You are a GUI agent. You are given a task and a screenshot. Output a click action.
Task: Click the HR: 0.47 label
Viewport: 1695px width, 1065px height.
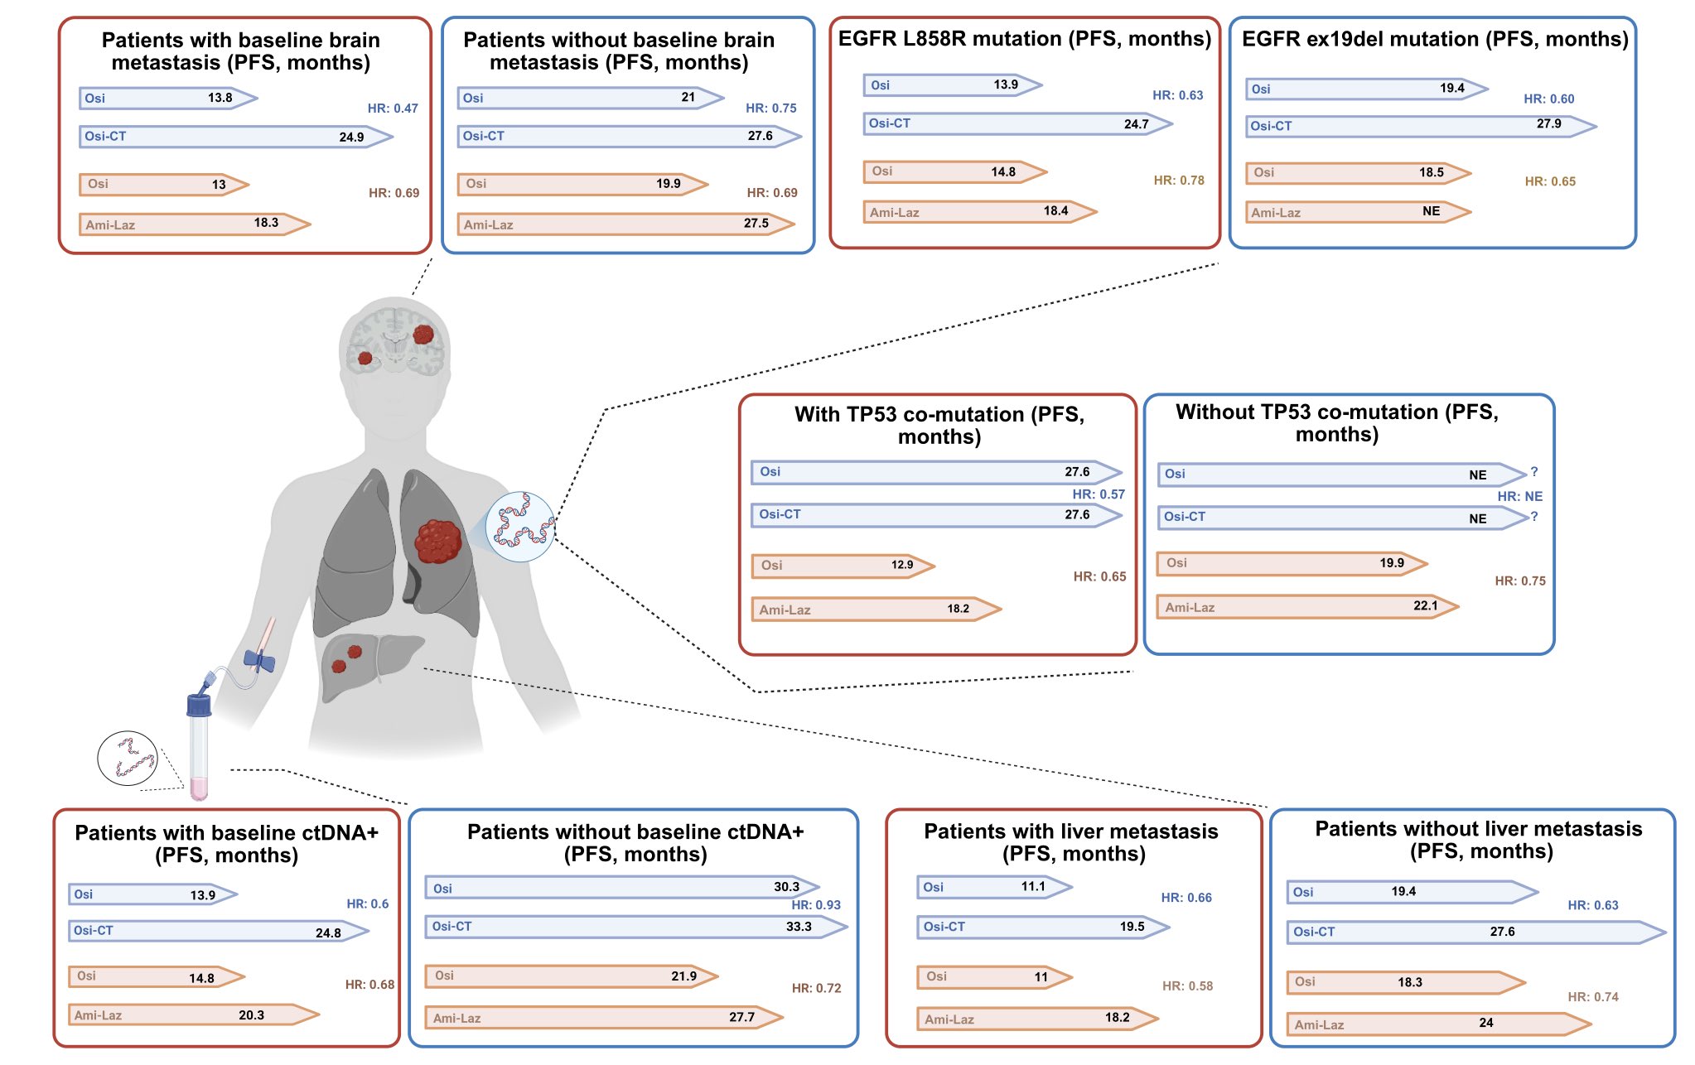(393, 108)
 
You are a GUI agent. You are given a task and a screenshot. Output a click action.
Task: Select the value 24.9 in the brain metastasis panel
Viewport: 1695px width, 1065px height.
(351, 137)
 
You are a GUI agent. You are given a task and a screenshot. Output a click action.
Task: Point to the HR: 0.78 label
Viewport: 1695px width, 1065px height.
(1179, 181)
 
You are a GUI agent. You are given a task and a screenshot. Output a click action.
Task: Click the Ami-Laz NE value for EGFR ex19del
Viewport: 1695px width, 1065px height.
(1431, 211)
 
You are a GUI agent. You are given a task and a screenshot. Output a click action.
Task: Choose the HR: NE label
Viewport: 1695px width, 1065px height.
(1520, 497)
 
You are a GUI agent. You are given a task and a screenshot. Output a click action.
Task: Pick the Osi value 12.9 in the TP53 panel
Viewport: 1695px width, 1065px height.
(902, 565)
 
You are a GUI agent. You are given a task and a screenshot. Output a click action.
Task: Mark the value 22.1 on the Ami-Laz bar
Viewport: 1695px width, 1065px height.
(1426, 605)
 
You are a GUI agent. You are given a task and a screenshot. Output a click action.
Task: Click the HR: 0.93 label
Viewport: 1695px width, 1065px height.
(816, 905)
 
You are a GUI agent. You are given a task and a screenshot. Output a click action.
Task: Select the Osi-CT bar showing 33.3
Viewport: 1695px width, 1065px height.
(636, 927)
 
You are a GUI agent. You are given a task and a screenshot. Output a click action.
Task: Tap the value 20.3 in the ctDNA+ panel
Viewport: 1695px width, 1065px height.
(251, 1015)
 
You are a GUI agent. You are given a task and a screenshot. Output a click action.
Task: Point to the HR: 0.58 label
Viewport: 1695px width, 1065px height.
(1187, 986)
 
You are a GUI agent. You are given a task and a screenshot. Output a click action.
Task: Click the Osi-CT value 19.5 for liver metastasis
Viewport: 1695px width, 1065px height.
(1132, 927)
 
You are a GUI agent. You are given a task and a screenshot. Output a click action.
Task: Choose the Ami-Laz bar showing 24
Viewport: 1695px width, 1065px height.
(1439, 1024)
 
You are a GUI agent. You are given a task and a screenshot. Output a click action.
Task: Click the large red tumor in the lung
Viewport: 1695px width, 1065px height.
(437, 541)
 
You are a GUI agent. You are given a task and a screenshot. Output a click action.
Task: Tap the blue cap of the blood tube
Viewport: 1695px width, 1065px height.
(199, 706)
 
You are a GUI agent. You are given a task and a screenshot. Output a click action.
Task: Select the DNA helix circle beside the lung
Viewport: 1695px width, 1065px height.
(520, 528)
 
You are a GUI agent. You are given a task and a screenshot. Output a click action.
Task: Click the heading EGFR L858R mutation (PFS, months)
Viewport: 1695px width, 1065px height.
(1025, 39)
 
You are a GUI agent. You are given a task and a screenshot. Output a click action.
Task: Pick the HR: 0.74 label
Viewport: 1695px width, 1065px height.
(1593, 997)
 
